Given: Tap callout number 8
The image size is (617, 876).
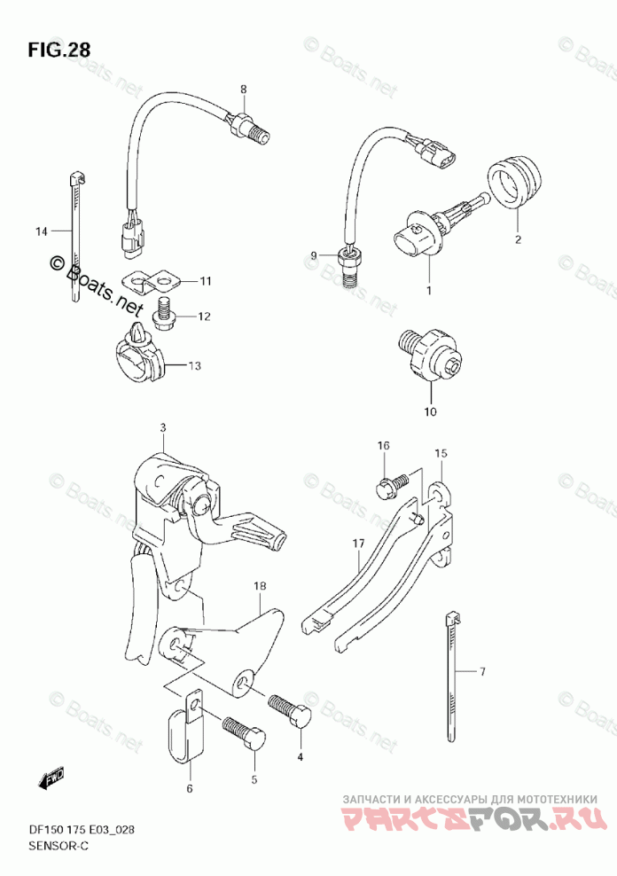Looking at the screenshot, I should click(x=243, y=88).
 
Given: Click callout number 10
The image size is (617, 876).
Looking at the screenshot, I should click(x=430, y=411).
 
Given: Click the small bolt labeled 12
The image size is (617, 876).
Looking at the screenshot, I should click(x=163, y=311).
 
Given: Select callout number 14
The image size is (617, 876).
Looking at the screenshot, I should click(x=41, y=231).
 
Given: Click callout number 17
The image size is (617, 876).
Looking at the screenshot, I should click(x=357, y=543).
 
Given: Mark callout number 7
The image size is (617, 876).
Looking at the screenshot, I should click(x=482, y=672).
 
